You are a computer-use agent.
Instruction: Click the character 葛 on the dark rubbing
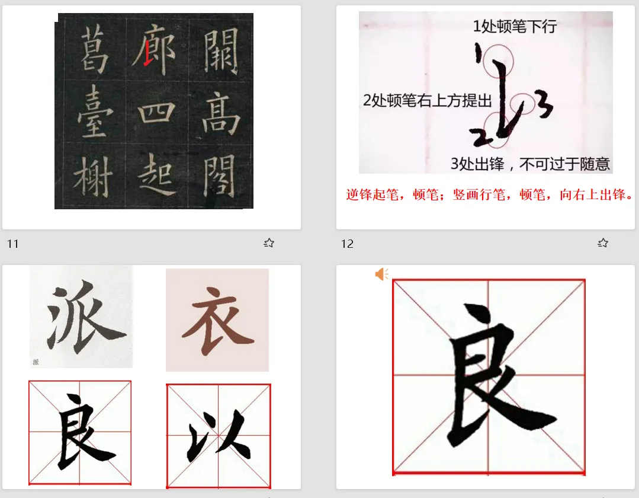[94, 48]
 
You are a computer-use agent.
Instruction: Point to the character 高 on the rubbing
[220, 113]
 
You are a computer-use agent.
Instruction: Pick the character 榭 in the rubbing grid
[93, 177]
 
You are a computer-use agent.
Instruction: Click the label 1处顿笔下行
[515, 27]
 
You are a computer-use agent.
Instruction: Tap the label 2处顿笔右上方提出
[428, 100]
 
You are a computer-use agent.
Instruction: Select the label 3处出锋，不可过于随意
[530, 164]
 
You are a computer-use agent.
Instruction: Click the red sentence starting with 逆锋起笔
[490, 194]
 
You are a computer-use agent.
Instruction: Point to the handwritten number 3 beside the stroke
[545, 105]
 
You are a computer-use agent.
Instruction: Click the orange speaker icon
[382, 274]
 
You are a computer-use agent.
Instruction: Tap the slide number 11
[12, 244]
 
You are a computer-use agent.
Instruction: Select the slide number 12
[347, 244]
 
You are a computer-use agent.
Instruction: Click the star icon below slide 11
[269, 243]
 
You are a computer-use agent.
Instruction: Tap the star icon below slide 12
[603, 243]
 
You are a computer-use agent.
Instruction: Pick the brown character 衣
[217, 321]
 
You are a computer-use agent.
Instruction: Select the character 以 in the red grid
[219, 435]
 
